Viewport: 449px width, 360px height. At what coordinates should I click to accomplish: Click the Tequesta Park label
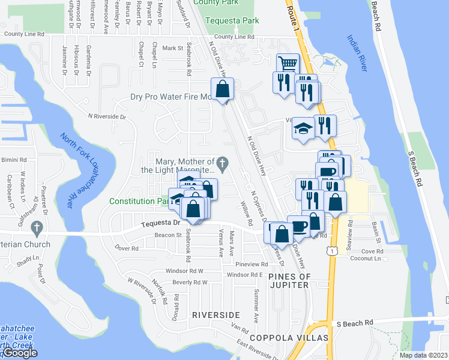[232, 20]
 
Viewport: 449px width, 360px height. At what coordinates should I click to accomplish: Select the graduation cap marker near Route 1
[303, 128]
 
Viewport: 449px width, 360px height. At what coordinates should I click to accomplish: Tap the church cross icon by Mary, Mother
[222, 162]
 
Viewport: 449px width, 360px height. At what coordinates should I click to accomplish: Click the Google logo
[20, 353]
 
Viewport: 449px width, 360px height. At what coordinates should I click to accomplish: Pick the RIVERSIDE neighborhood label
[216, 315]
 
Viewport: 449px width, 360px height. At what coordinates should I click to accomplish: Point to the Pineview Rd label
[252, 264]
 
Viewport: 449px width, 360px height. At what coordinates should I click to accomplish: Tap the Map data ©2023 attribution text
[423, 355]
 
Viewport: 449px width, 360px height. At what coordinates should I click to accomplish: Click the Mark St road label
[172, 47]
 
